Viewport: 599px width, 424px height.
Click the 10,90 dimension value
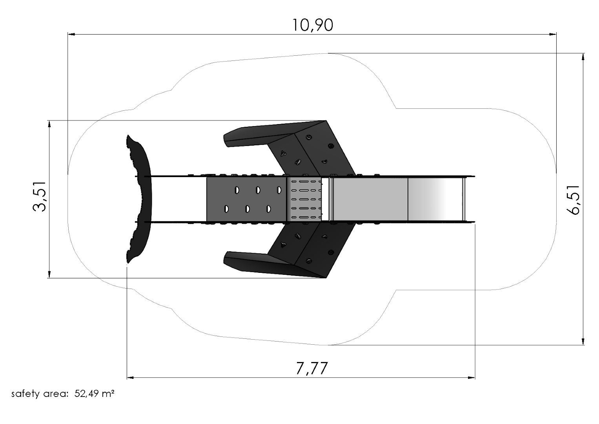pyautogui.click(x=313, y=25)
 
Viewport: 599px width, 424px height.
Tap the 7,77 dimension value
pyautogui.click(x=312, y=368)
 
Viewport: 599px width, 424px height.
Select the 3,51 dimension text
pyautogui.click(x=40, y=197)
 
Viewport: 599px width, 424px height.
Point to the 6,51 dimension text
pyautogui.click(x=573, y=200)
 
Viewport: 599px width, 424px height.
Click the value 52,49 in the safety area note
pyautogui.click(x=86, y=393)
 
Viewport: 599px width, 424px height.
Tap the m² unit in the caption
pyautogui.click(x=108, y=393)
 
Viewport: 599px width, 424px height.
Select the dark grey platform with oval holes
pyautogui.click(x=246, y=199)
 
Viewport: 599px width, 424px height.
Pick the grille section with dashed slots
pyautogui.click(x=306, y=199)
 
